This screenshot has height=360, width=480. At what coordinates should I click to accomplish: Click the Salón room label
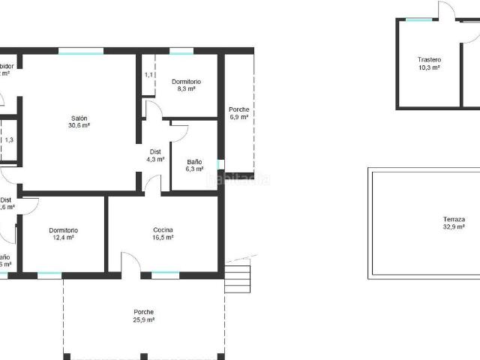point(79,118)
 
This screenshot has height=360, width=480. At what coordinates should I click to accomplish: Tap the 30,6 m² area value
point(79,126)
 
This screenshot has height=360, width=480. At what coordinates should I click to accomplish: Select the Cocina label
point(163,229)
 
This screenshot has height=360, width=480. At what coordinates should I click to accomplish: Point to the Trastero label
point(429,59)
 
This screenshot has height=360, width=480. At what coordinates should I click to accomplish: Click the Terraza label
point(454,218)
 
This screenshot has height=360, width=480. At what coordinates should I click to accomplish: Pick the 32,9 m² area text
point(454,226)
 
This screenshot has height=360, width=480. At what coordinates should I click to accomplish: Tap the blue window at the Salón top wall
point(81,51)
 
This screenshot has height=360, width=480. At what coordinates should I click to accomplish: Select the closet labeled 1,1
point(148,75)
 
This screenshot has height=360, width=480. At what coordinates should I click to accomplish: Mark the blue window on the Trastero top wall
point(419,19)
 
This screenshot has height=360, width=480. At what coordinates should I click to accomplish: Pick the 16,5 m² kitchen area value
point(163,237)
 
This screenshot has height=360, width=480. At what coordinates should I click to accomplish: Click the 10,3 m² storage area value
point(429,67)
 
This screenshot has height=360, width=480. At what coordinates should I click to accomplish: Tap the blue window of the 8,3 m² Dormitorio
point(181,51)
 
